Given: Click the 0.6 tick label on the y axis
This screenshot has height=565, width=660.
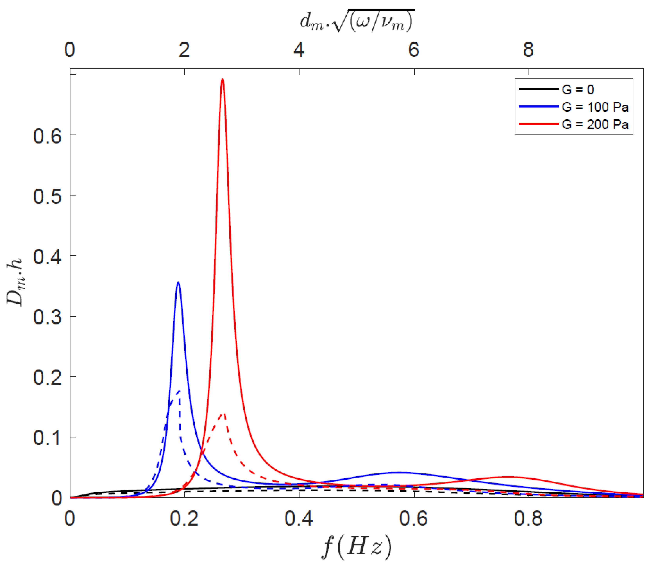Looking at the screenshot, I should click(47, 136).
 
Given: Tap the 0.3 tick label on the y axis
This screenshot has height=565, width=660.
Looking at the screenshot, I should click(47, 317).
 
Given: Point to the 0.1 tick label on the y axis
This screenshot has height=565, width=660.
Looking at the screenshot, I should click(47, 438).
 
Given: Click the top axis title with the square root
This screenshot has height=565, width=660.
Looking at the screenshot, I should click(357, 22).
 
